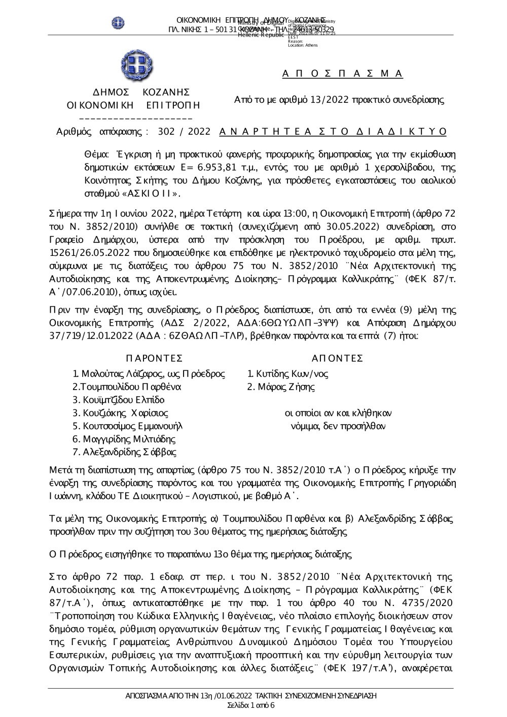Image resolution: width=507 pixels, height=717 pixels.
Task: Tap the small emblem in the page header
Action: pos(119,22)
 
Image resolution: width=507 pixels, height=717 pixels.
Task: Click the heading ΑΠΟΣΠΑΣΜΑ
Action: pos(343,74)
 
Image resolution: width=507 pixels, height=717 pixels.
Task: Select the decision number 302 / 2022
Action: pos(184,132)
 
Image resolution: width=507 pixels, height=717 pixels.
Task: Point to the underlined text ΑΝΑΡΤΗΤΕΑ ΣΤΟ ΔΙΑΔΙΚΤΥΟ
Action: pos(333,132)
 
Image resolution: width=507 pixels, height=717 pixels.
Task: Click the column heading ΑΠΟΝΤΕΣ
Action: pos(337,359)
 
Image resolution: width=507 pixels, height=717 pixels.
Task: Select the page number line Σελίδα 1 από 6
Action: pos(251,705)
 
